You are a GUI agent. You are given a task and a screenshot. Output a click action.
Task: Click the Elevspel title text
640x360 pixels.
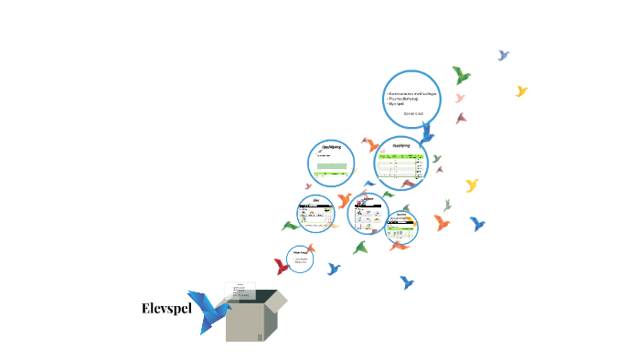(165, 308)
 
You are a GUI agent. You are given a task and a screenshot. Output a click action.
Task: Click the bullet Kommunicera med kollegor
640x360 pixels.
(411, 94)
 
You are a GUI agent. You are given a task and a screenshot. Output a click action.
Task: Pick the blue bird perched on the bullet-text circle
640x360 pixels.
(427, 130)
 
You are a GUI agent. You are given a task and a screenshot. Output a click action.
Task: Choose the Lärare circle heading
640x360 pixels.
(368, 198)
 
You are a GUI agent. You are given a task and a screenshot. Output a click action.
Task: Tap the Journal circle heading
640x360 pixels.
(401, 216)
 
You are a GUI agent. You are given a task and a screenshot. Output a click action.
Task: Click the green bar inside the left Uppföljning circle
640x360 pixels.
(330, 167)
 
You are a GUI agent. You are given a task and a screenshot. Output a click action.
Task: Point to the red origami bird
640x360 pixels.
(283, 266)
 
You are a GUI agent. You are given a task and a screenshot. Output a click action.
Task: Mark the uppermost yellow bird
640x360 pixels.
(522, 90)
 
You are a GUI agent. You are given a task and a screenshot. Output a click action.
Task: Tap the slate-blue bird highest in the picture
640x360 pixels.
(503, 55)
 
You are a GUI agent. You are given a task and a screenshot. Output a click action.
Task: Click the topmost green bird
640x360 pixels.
(462, 74)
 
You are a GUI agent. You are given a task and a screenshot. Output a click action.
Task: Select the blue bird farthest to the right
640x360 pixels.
(476, 223)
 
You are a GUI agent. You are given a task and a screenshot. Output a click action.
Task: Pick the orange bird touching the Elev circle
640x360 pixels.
(344, 200)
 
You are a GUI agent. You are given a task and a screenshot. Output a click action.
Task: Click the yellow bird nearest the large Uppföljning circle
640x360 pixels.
(472, 185)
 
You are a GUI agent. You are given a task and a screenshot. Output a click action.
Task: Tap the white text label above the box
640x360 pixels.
(240, 290)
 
